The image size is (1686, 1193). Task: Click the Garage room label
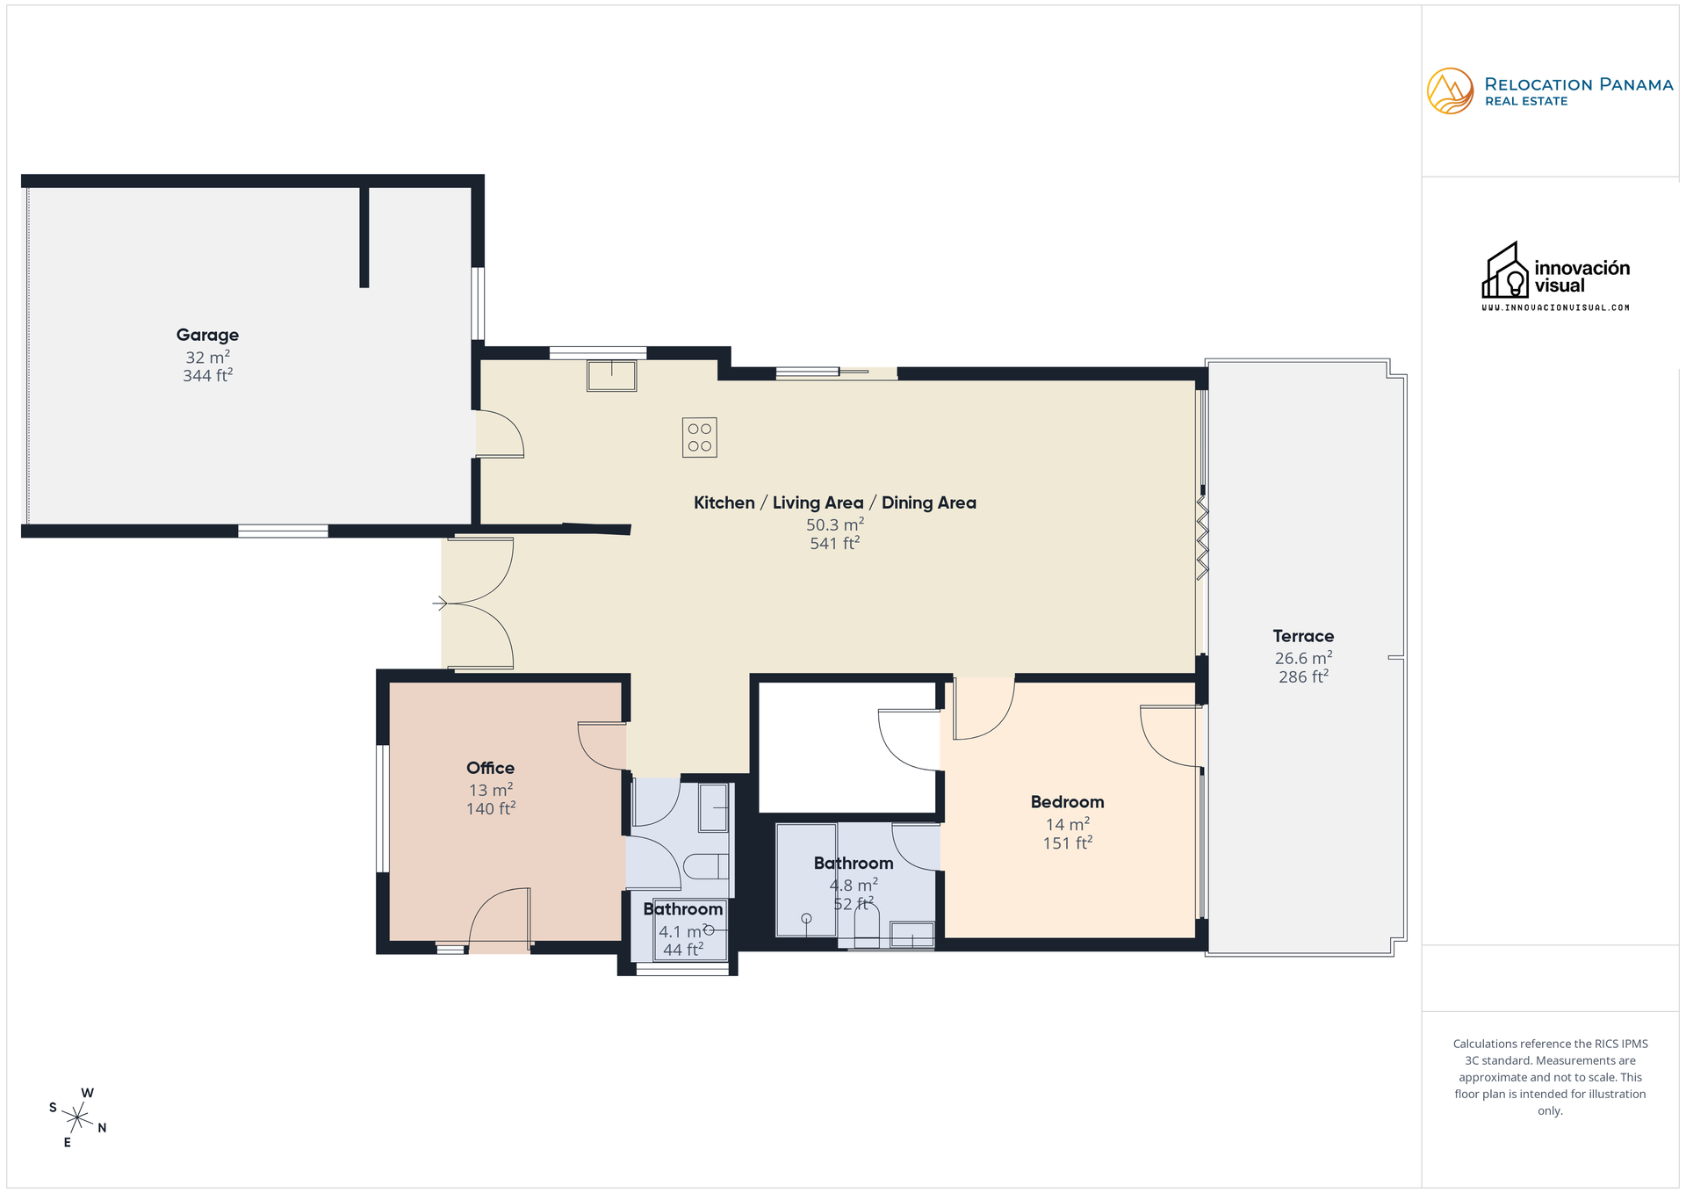[x=207, y=335]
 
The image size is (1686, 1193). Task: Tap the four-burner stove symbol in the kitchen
[x=699, y=437]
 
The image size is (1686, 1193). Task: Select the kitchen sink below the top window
[x=611, y=376]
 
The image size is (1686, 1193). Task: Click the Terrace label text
[x=1303, y=636]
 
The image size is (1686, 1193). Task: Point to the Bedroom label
[x=1067, y=802]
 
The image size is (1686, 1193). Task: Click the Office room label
[x=490, y=768]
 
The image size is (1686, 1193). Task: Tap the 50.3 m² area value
[x=834, y=525]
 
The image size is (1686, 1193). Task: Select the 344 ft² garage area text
[x=207, y=376]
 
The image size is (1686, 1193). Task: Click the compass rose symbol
[x=77, y=1117]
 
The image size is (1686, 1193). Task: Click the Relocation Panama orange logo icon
[x=1450, y=91]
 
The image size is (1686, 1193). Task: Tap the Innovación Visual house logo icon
[x=1505, y=271]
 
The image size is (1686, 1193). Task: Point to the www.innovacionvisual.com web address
[x=1555, y=307]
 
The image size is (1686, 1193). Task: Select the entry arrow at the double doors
[x=440, y=604]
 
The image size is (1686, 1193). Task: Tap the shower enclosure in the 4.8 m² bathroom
[x=806, y=879]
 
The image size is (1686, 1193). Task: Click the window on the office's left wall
[x=382, y=809]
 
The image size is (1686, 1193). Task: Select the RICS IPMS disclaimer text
[x=1550, y=1077]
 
